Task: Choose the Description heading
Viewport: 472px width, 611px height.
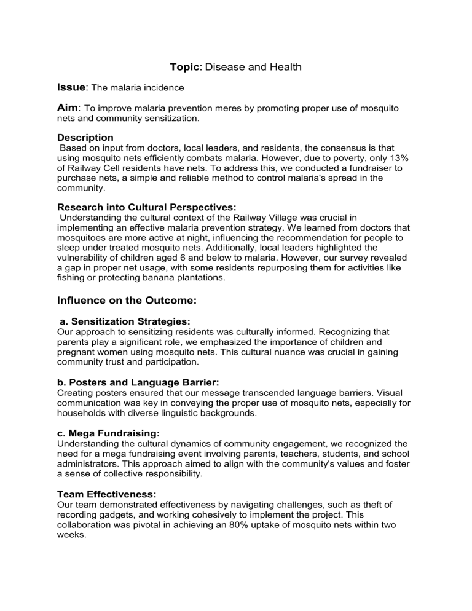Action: (x=85, y=138)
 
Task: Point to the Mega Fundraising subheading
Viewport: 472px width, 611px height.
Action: (x=108, y=433)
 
